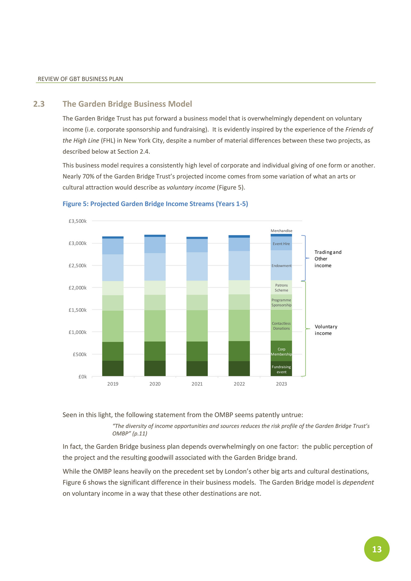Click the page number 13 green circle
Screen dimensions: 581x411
click(x=376, y=549)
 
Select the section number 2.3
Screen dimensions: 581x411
click(x=39, y=104)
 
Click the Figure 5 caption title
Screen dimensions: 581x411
click(x=155, y=204)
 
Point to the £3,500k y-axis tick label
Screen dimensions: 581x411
click(x=78, y=221)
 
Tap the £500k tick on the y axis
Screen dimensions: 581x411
click(x=80, y=354)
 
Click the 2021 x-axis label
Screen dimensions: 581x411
click(x=197, y=384)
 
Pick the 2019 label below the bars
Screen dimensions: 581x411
click(x=113, y=384)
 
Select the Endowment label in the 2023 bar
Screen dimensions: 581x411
click(x=281, y=266)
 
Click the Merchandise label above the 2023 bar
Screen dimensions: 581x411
click(x=281, y=231)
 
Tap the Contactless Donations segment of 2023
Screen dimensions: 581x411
click(x=281, y=326)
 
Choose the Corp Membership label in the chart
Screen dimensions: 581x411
click(x=281, y=352)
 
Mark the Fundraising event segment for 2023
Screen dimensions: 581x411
click(x=281, y=369)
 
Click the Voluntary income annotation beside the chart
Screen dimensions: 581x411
click(x=326, y=330)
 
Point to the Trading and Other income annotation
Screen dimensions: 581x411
click(x=328, y=259)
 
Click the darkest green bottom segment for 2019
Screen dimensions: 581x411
click(x=113, y=368)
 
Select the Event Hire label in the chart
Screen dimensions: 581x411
click(x=281, y=244)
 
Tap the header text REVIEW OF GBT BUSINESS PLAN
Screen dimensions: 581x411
click(x=80, y=79)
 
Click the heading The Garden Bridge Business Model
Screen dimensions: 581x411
click(x=127, y=104)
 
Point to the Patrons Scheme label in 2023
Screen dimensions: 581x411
click(x=281, y=288)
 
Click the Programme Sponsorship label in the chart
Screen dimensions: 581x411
click(x=281, y=302)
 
